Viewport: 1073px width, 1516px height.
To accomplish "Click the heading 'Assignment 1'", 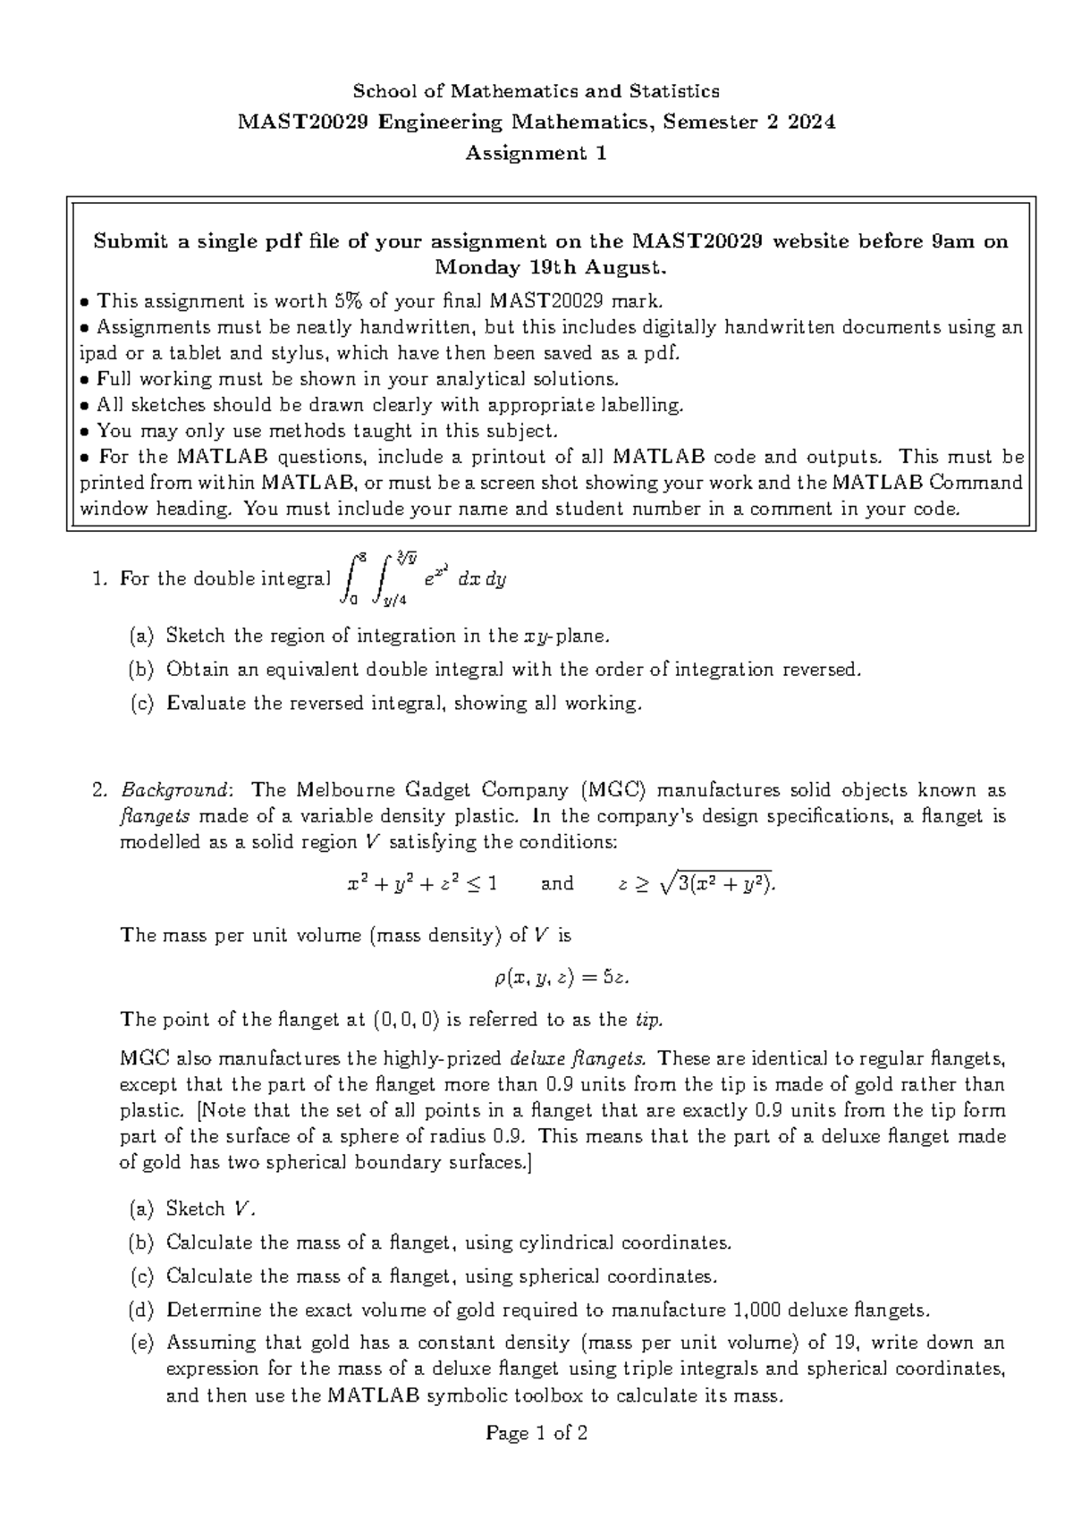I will coord(536,154).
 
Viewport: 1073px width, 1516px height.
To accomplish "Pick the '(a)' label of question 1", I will coord(141,636).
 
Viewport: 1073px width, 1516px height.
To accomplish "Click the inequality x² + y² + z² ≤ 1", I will coord(422,885).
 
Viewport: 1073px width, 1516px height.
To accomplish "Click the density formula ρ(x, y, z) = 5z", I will coord(562,978).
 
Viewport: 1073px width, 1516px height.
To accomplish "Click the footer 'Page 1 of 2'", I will coord(536,1435).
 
